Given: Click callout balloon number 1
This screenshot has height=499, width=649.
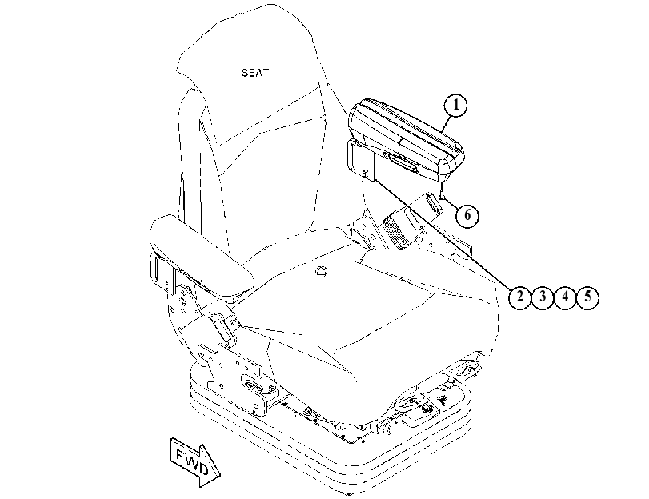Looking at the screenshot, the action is [455, 105].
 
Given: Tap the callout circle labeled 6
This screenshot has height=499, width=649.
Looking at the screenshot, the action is [467, 215].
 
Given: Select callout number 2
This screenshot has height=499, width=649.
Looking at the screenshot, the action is [519, 297].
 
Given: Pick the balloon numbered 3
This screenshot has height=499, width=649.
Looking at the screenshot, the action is [543, 297].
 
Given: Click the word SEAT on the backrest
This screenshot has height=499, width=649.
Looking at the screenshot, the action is [255, 73].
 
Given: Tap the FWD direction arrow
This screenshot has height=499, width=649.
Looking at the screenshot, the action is [194, 461].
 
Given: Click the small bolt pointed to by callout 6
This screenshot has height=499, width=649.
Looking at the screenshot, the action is [442, 194].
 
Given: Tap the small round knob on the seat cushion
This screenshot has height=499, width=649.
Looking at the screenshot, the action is [321, 271].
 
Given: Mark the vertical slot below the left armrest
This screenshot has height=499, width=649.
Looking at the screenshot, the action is [156, 268].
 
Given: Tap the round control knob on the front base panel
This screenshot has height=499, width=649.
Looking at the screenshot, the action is [427, 409].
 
